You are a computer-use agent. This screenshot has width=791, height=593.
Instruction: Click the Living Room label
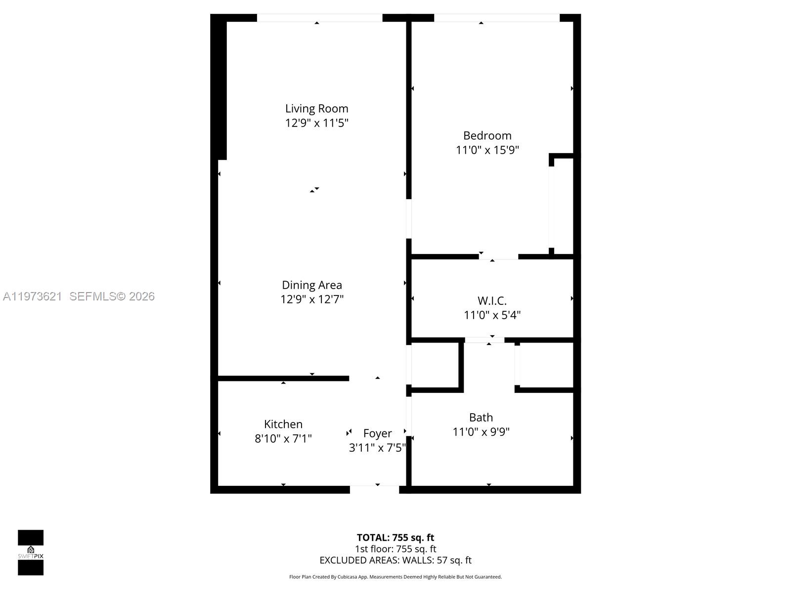[316, 109]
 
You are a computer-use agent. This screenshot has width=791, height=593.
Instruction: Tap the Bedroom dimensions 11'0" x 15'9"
[487, 150]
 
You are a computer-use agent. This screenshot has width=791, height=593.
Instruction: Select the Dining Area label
[311, 285]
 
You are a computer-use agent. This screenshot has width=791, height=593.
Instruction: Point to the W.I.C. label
[492, 301]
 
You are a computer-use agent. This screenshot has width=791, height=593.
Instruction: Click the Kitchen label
[283, 424]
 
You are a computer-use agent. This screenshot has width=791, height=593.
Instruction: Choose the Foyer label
[377, 433]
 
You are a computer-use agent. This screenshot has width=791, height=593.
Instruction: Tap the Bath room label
[481, 418]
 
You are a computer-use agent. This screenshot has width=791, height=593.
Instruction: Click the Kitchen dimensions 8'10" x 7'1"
[283, 438]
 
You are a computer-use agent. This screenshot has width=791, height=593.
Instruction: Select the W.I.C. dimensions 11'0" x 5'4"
[492, 315]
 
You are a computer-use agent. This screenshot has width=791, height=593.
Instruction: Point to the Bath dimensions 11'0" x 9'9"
[481, 432]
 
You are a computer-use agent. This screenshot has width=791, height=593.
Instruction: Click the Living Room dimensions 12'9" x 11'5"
[316, 123]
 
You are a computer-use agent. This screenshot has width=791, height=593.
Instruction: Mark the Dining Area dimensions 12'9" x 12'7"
[311, 299]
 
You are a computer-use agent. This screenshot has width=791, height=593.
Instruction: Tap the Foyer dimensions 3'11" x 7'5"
[377, 448]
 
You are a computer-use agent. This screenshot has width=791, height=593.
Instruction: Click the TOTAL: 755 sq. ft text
[395, 537]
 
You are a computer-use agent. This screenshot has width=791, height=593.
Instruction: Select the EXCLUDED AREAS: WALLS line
[395, 560]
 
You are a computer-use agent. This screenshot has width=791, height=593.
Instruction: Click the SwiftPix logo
[31, 552]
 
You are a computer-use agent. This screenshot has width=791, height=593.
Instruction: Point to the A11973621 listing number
[33, 296]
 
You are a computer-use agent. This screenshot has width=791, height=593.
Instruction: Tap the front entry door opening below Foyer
[374, 489]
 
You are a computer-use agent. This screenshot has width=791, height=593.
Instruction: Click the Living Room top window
[319, 18]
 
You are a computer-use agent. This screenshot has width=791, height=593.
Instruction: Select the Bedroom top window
[496, 18]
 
